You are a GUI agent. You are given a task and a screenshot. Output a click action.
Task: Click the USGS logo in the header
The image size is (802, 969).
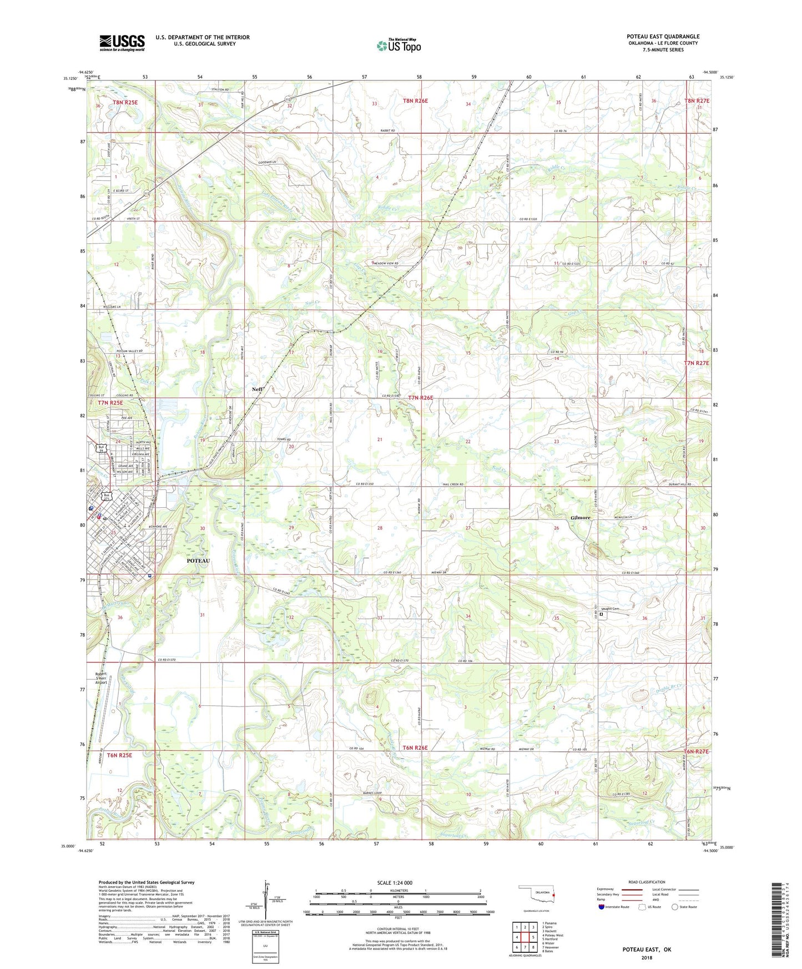(x=122, y=43)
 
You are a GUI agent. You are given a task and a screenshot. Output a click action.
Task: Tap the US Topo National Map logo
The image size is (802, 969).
(x=398, y=45)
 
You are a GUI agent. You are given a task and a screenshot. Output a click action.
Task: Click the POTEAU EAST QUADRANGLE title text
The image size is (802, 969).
(x=663, y=37)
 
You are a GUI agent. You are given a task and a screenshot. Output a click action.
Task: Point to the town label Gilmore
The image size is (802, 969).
(x=580, y=518)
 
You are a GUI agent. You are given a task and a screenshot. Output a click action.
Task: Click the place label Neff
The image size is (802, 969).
(x=257, y=390)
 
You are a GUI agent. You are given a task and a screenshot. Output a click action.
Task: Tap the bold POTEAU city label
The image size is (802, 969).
(x=198, y=561)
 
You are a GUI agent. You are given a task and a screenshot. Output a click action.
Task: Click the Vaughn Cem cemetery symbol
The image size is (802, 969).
(x=601, y=614)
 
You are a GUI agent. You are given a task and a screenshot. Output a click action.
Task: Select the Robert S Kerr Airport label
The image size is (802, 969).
(x=101, y=678)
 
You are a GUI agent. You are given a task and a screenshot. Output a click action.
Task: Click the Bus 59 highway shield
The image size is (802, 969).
(x=102, y=448)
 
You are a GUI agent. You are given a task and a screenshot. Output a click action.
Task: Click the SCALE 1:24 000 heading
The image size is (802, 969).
(x=395, y=882)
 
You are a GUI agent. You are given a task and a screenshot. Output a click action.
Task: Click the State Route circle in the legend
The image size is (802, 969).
(x=674, y=907)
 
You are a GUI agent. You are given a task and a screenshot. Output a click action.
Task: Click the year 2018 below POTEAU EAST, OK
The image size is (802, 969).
(x=647, y=957)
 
